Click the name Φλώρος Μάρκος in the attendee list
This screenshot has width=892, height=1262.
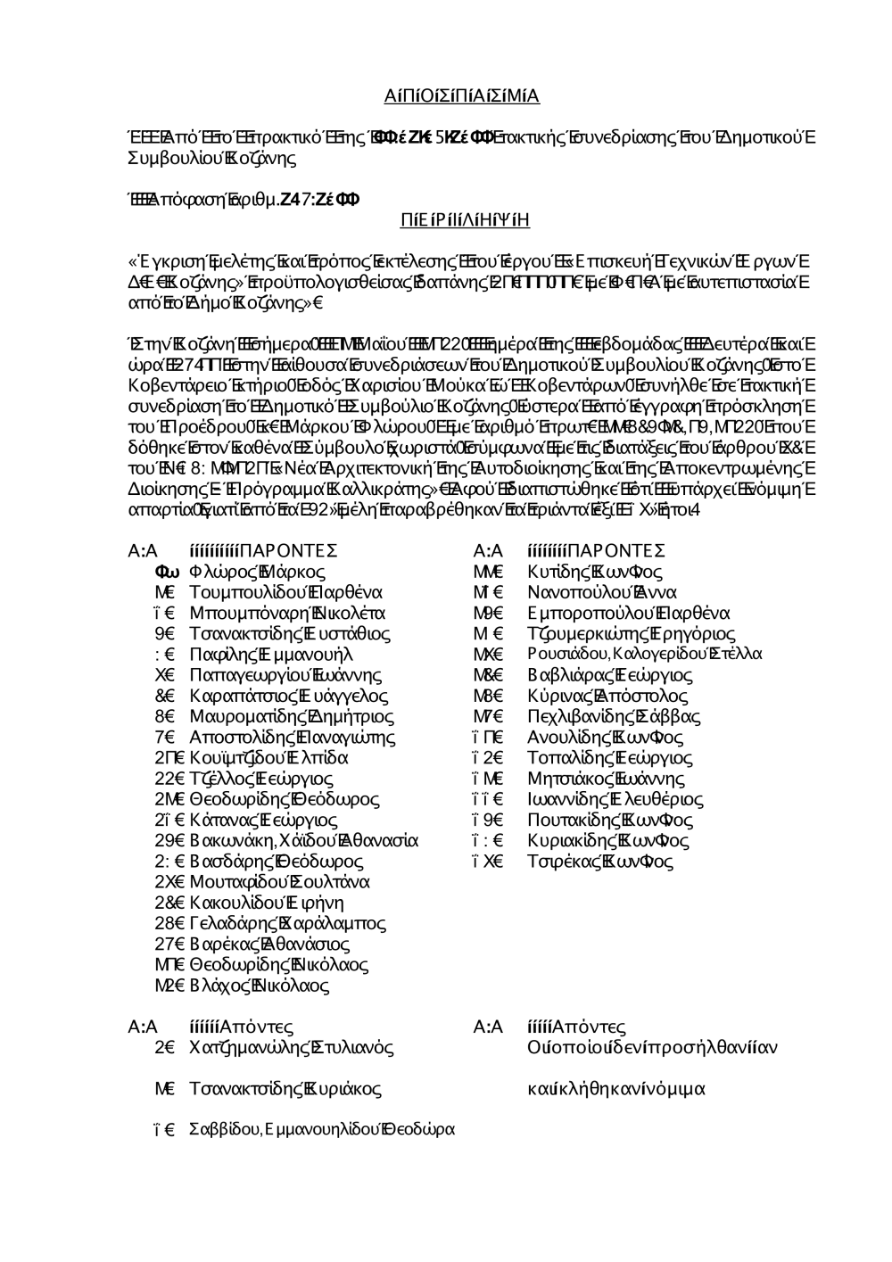tap(257, 572)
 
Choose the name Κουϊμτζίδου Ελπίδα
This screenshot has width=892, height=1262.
tap(268, 758)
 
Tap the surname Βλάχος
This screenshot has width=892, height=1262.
tap(217, 986)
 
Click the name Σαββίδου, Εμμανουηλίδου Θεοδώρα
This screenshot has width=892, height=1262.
tap(321, 1130)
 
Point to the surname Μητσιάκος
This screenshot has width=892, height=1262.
tap(566, 779)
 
